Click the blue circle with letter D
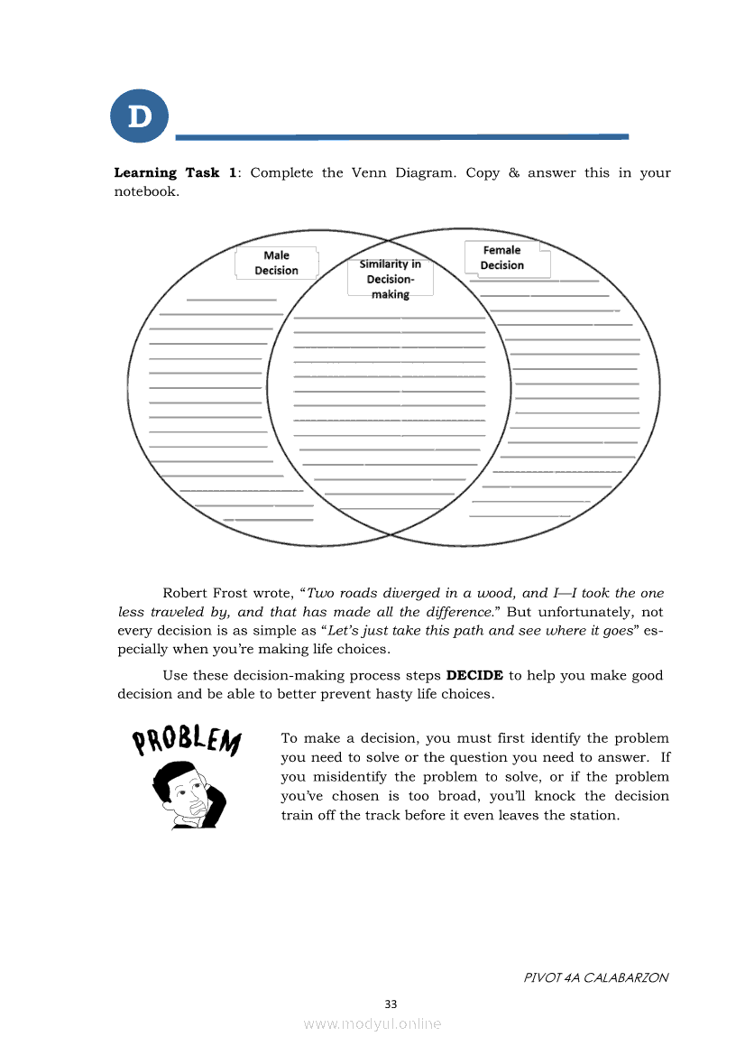[140, 116]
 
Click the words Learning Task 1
[176, 172]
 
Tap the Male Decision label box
[276, 263]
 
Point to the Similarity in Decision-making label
[390, 279]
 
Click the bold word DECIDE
[474, 675]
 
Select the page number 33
[391, 1004]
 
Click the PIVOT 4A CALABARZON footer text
[596, 977]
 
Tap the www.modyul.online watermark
[372, 1024]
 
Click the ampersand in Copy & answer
[513, 172]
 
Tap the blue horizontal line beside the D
[401, 137]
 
